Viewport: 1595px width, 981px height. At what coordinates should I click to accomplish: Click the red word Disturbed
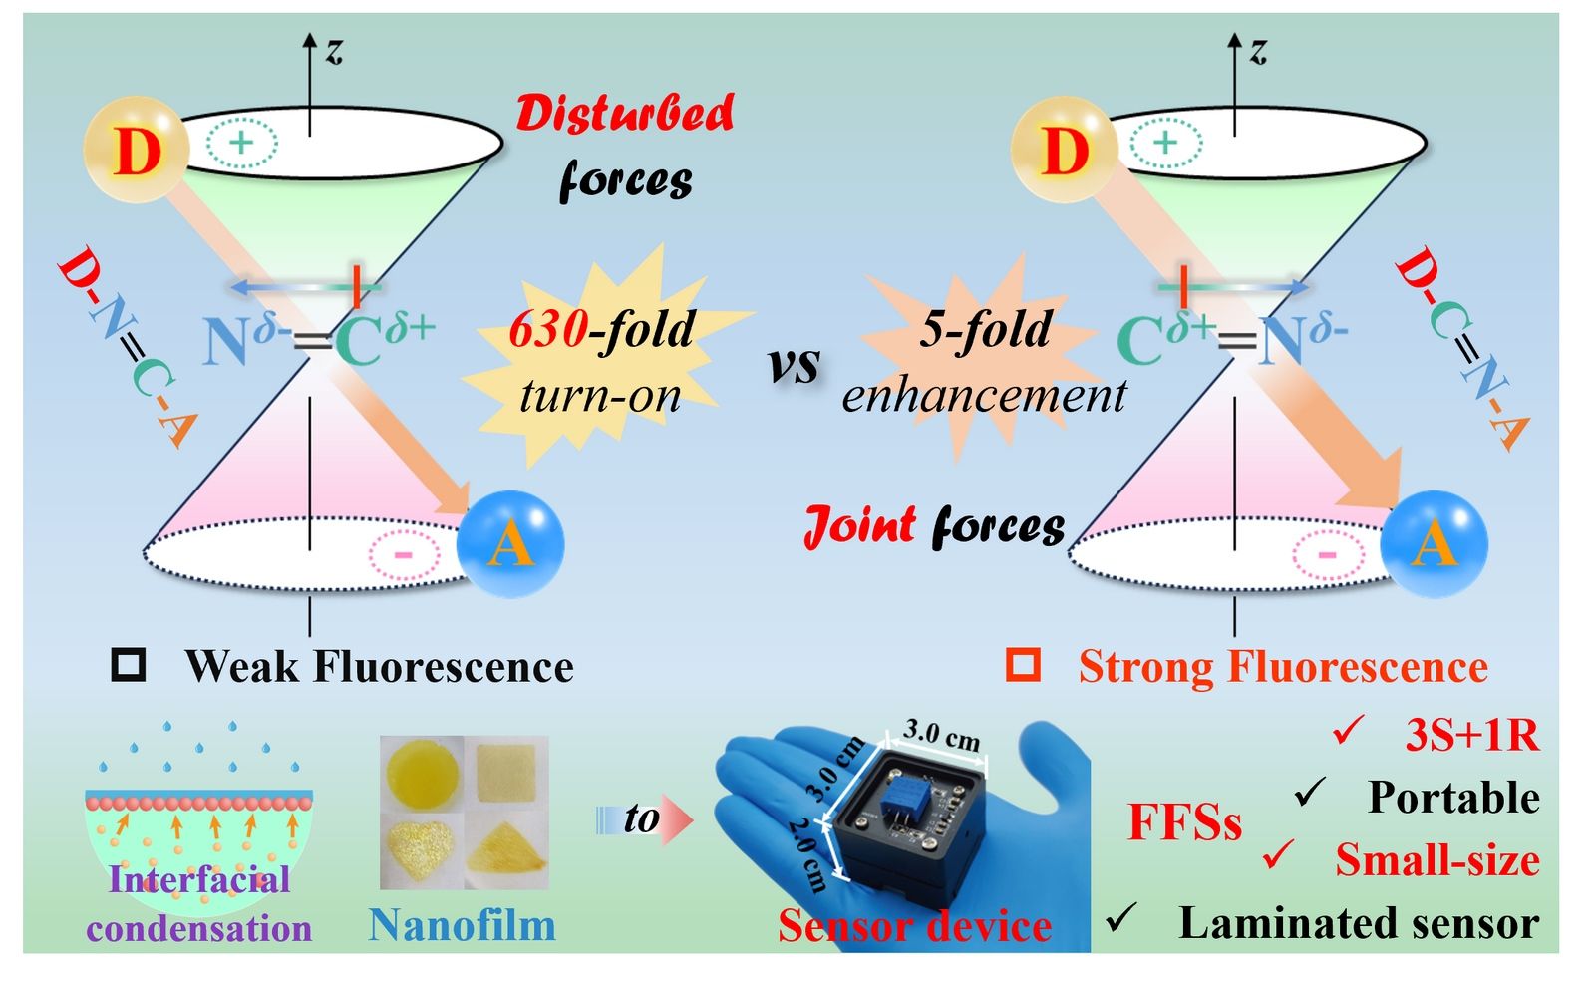tap(624, 114)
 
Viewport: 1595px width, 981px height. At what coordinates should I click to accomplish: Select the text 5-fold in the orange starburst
tap(986, 330)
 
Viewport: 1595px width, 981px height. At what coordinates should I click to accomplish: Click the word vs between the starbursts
tap(795, 366)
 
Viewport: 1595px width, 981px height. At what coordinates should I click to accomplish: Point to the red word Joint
tap(859, 526)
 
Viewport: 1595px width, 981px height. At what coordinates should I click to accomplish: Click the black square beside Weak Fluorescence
tap(129, 666)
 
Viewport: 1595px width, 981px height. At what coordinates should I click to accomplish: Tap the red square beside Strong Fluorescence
tap(1023, 666)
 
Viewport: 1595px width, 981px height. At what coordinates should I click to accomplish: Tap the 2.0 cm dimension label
tap(808, 855)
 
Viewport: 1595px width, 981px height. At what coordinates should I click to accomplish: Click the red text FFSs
tap(1185, 821)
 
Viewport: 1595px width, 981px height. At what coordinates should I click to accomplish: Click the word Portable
tap(1454, 797)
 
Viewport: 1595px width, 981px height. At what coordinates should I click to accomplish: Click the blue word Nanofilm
tap(463, 925)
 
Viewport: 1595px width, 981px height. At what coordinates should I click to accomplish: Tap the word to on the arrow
tap(642, 818)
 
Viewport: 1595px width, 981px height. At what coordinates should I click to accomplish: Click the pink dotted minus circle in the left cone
tap(404, 555)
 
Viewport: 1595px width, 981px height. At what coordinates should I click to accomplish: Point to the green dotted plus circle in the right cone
tap(1165, 144)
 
